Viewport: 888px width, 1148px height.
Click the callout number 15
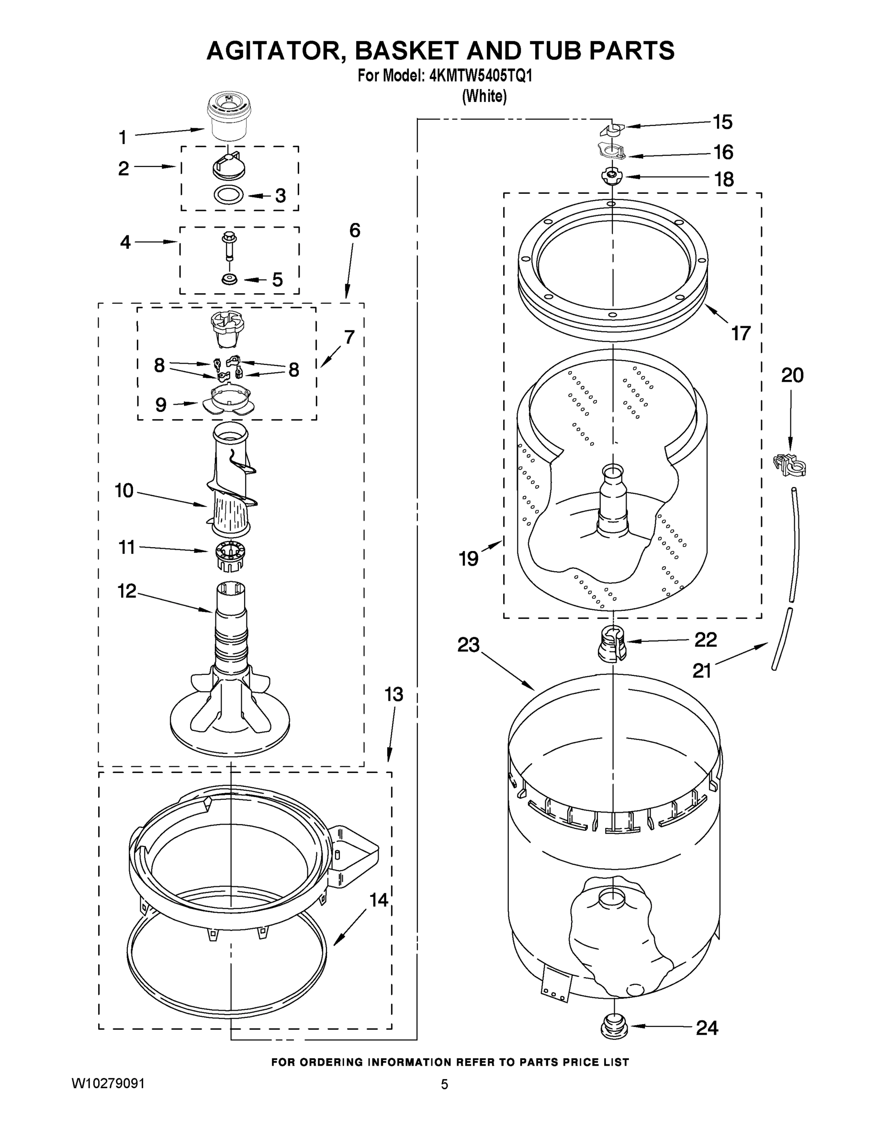point(722,122)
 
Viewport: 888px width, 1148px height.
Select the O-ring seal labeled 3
point(229,195)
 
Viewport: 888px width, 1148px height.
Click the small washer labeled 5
point(229,278)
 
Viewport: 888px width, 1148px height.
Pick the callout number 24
point(707,1027)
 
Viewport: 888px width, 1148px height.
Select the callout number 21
point(702,670)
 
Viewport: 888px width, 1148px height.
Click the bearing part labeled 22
point(612,643)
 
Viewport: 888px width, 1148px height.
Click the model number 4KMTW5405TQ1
point(481,76)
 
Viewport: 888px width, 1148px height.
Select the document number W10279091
point(108,1083)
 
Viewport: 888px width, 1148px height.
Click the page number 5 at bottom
point(445,1084)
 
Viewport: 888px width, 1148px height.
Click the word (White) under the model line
point(484,96)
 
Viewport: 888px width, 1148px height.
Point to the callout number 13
point(393,695)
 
